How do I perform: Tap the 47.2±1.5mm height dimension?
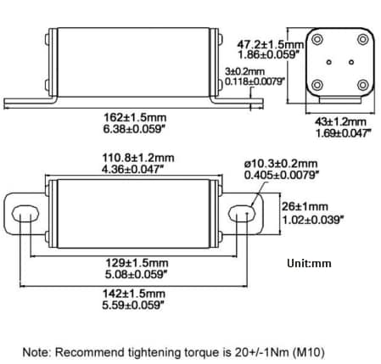[x=269, y=43]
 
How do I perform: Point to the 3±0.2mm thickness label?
[x=249, y=72]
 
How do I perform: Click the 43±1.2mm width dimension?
[x=333, y=120]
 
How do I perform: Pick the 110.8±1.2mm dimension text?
[x=138, y=158]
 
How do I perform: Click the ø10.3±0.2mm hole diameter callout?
[x=281, y=163]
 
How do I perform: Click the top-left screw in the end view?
[x=317, y=42]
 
